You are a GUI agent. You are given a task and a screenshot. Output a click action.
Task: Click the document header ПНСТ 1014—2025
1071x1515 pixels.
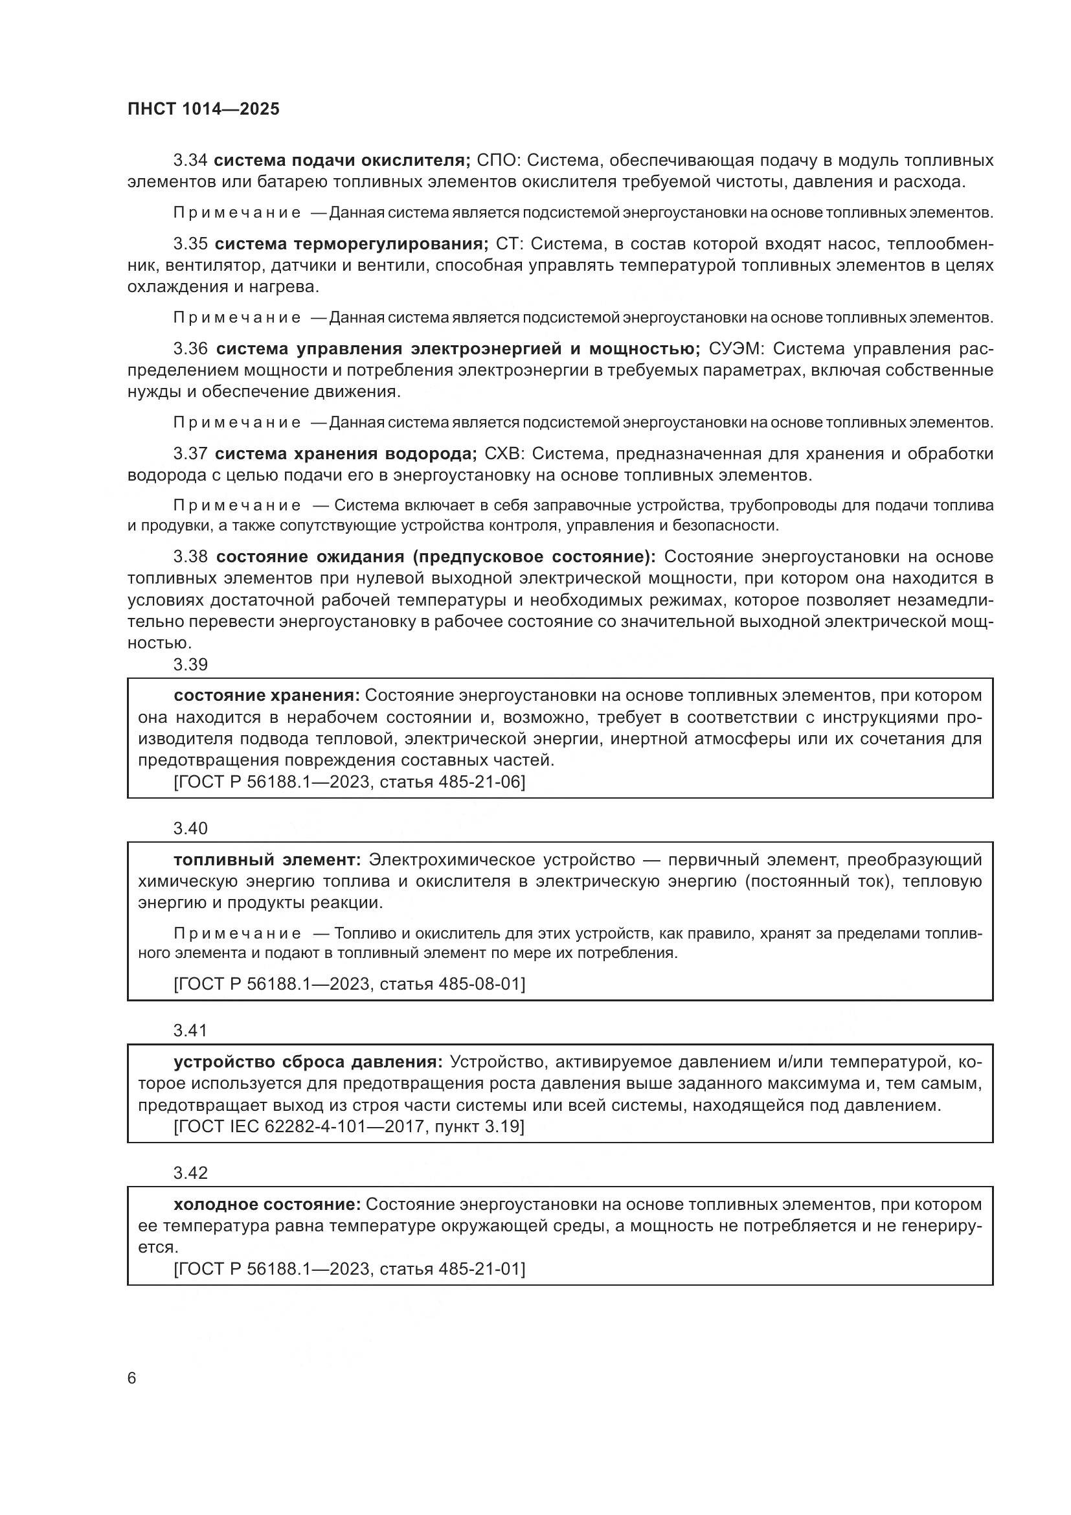click(x=203, y=109)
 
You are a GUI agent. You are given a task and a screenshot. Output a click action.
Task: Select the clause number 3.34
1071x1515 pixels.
click(x=190, y=161)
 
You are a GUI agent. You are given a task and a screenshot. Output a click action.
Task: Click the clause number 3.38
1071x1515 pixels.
click(x=190, y=557)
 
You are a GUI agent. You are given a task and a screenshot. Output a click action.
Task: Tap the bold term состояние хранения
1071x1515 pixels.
click(x=266, y=696)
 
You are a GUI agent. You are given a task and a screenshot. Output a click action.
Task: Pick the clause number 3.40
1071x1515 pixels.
click(x=190, y=828)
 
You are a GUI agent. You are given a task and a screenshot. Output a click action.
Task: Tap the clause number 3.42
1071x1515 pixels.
click(x=190, y=1172)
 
